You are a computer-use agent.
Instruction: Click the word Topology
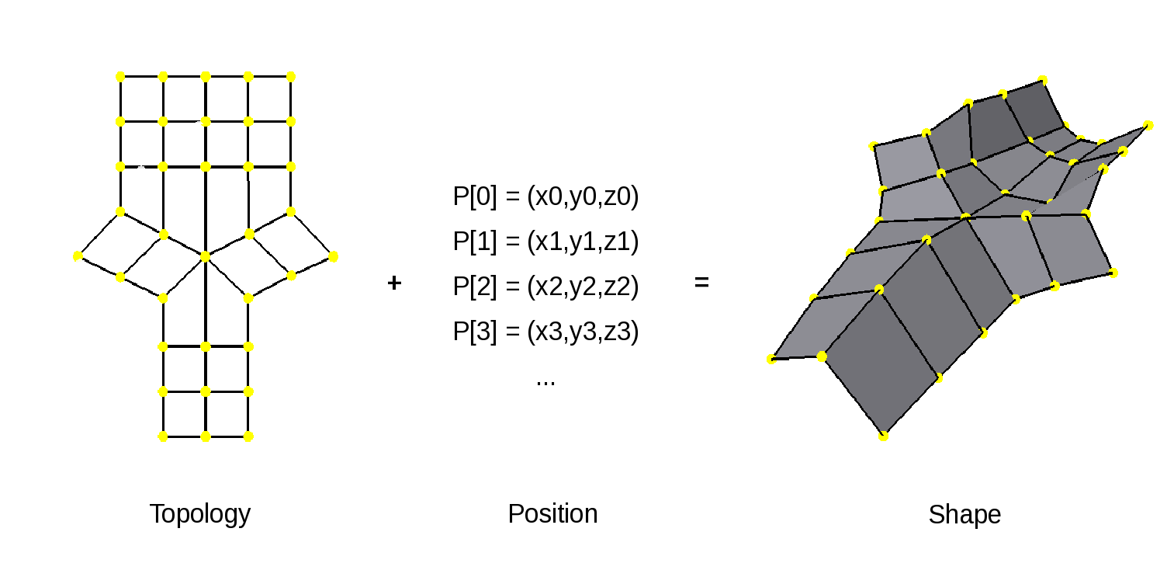pyautogui.click(x=199, y=514)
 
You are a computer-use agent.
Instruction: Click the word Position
pyautogui.click(x=552, y=514)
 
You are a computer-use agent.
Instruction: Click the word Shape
pyautogui.click(x=964, y=514)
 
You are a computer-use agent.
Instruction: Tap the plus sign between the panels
pyautogui.click(x=394, y=283)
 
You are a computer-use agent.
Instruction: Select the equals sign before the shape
pyautogui.click(x=701, y=283)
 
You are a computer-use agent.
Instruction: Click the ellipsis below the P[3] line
pyautogui.click(x=545, y=382)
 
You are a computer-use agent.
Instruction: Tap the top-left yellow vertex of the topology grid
pyautogui.click(x=120, y=76)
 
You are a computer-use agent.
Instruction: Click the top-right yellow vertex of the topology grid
pyautogui.click(x=291, y=76)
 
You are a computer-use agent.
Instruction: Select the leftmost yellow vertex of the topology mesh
pyautogui.click(x=78, y=256)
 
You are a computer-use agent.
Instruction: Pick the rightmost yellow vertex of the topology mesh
pyautogui.click(x=334, y=256)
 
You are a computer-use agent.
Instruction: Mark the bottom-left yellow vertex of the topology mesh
pyautogui.click(x=163, y=436)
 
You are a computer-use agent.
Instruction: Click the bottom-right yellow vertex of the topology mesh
pyautogui.click(x=248, y=436)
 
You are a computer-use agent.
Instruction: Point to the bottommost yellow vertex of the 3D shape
pyautogui.click(x=883, y=436)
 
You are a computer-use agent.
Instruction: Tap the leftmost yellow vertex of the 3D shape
pyautogui.click(x=771, y=359)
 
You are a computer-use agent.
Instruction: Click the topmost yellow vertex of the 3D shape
pyautogui.click(x=1043, y=79)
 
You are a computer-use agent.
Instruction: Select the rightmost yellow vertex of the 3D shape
pyautogui.click(x=1148, y=125)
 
